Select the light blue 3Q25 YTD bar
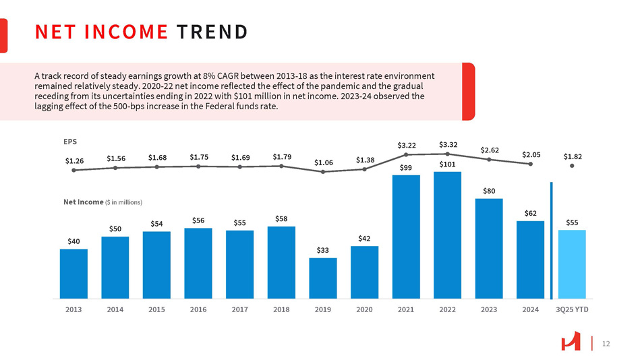(x=572, y=264)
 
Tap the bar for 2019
(x=323, y=278)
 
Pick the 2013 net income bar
(x=74, y=273)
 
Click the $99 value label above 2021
(x=405, y=167)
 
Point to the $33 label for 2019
(x=323, y=250)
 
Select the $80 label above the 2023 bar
(x=489, y=191)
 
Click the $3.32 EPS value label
(x=448, y=144)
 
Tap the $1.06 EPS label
(x=324, y=162)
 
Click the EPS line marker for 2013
(x=74, y=170)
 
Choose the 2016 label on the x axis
(x=198, y=310)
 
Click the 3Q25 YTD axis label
(x=572, y=310)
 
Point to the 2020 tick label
(x=364, y=310)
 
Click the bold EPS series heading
(x=69, y=142)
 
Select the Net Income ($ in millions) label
(x=103, y=202)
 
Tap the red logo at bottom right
(x=571, y=343)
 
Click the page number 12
(x=605, y=344)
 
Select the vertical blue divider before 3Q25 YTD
(x=551, y=240)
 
